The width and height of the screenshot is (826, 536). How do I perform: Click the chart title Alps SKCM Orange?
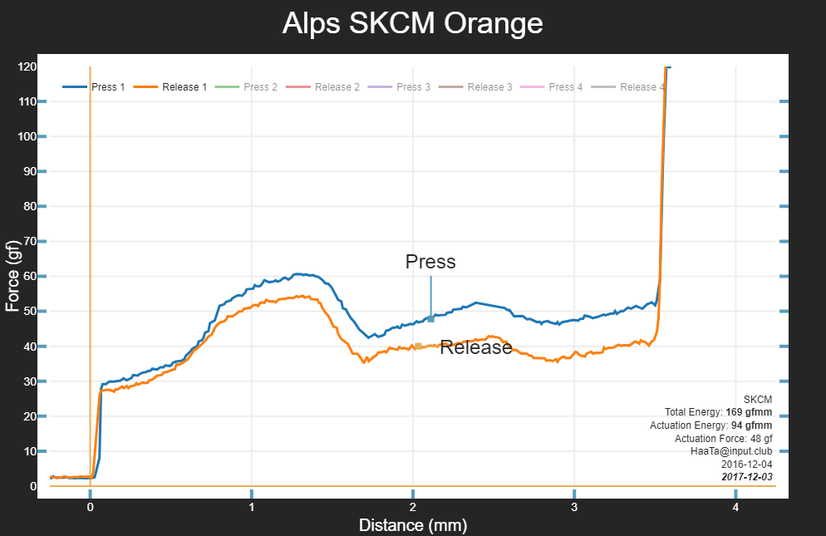[412, 23]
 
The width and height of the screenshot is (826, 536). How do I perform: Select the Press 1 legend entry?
[108, 87]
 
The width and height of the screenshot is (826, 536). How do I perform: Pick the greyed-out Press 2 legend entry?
[261, 87]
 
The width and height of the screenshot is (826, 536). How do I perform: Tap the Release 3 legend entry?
[489, 87]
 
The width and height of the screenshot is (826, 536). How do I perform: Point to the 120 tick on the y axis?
[27, 66]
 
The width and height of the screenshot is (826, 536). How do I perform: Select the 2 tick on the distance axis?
[413, 506]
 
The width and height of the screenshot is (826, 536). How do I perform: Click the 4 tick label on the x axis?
[735, 506]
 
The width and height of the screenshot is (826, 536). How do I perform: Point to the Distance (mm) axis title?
[412, 525]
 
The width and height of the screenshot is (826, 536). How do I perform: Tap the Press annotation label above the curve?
[430, 262]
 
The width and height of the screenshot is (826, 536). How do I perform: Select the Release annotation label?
[476, 347]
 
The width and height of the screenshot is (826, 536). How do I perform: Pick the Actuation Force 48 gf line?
[723, 438]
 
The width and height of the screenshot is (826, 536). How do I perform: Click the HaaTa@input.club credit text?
[731, 451]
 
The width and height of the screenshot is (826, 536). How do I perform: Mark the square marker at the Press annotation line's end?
[430, 319]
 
